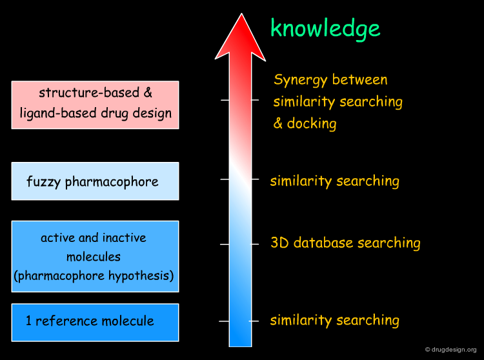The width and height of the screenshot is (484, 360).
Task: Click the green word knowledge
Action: click(325, 29)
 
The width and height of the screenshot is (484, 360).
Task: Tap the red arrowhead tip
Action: click(241, 14)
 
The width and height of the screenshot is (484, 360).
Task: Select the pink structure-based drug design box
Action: click(95, 105)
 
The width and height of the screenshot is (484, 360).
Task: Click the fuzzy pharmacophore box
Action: click(95, 181)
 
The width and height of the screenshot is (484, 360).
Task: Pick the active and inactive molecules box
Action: click(95, 256)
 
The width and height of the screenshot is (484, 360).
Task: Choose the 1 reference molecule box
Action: click(95, 323)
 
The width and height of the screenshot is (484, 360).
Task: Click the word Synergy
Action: click(300, 80)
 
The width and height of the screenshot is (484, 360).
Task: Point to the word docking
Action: click(312, 124)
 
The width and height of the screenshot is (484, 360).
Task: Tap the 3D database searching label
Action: click(345, 243)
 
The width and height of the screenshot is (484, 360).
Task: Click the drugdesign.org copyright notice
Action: click(450, 350)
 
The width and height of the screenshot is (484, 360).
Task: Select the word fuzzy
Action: click(43, 182)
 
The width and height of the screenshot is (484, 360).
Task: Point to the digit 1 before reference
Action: click(28, 321)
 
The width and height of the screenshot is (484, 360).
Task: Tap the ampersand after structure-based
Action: click(148, 92)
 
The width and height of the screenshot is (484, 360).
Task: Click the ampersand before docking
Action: click(277, 123)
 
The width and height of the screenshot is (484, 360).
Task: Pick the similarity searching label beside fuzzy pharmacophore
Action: click(334, 181)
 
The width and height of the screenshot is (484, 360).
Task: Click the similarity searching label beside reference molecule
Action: click(334, 320)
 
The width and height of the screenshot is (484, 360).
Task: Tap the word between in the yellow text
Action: click(359, 79)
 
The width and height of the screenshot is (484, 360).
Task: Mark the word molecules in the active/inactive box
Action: click(94, 257)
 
